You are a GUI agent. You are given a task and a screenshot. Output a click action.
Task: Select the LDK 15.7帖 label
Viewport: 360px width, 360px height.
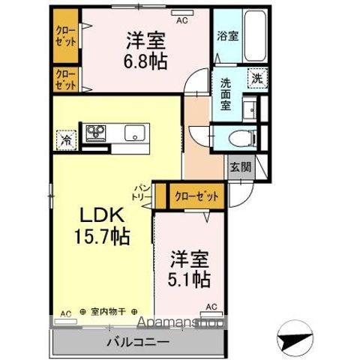tap(103, 226)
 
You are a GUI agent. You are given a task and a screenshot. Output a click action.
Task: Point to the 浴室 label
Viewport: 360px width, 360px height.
tap(226, 35)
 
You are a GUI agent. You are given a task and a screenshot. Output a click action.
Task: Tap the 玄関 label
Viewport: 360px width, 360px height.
tap(239, 166)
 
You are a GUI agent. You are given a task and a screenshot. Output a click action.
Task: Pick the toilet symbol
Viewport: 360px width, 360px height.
tap(241, 138)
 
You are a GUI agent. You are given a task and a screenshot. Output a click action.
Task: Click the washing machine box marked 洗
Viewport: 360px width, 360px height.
tap(257, 77)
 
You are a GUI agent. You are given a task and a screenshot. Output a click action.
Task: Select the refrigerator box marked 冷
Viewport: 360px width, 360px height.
tap(66, 139)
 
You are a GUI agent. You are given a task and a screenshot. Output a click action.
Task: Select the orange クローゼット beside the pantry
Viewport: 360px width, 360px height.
tap(196, 196)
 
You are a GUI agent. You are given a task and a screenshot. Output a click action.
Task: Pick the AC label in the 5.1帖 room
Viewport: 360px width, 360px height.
tap(211, 306)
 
